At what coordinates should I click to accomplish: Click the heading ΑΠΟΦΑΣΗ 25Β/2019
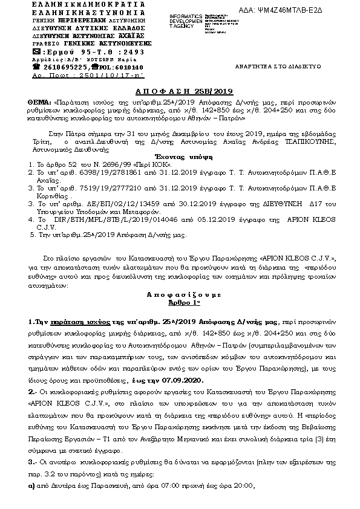coord(180,91)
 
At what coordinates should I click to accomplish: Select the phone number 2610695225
coord(63,68)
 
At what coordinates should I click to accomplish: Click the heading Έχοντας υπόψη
coord(180,156)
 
